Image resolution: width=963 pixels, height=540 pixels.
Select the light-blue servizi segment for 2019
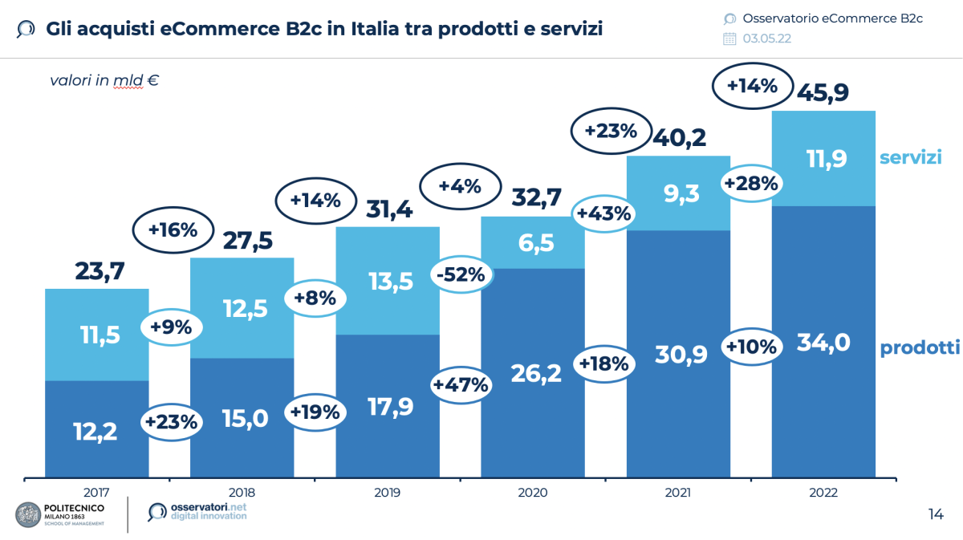tap(387, 281)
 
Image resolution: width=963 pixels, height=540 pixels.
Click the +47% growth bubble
tap(461, 384)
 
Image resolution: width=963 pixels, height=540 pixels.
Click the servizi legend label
tap(910, 157)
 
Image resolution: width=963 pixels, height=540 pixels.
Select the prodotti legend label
tap(920, 347)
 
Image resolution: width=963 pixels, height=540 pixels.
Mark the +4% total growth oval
tap(460, 187)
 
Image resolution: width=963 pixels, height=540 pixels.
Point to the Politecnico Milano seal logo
tap(30, 515)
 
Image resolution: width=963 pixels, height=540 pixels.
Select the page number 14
tap(935, 514)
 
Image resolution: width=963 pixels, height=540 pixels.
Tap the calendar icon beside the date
tap(729, 39)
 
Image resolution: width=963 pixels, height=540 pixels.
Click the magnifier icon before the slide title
tap(26, 30)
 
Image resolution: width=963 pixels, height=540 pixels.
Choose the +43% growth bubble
tap(604, 213)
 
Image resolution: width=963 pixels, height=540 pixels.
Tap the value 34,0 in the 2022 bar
tap(823, 342)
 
